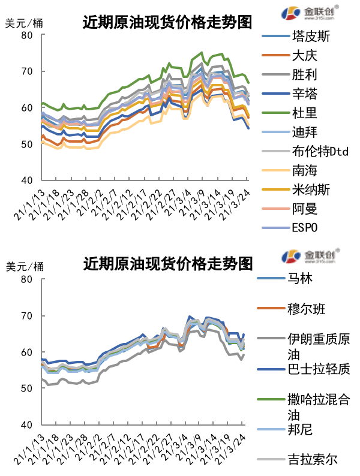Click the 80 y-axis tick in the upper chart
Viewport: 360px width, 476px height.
[x=28, y=35]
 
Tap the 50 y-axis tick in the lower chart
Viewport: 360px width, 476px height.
[x=28, y=388]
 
